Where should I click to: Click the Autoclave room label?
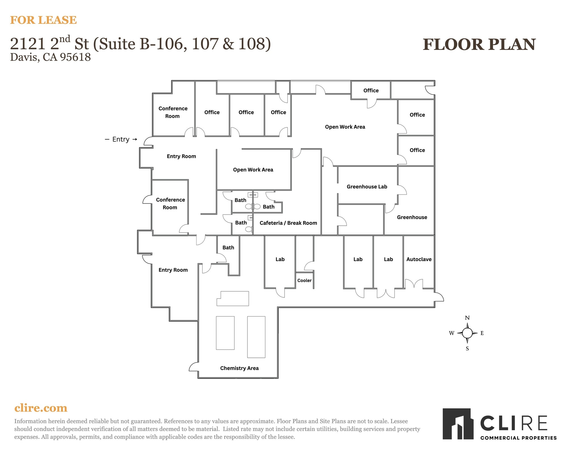pyautogui.click(x=419, y=259)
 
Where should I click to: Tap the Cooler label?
pyautogui.click(x=304, y=280)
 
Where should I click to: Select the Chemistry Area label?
pyautogui.click(x=239, y=368)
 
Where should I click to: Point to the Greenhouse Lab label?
pyautogui.click(x=367, y=186)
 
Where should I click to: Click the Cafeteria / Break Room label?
pyautogui.click(x=288, y=223)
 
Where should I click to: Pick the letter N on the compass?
pyautogui.click(x=467, y=318)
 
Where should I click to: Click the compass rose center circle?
pyautogui.click(x=467, y=333)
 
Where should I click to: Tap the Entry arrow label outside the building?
pyautogui.click(x=121, y=139)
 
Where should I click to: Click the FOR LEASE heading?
pyautogui.click(x=43, y=20)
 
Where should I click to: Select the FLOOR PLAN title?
pyautogui.click(x=479, y=45)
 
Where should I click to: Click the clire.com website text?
pyautogui.click(x=41, y=408)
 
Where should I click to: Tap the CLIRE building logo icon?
pyautogui.click(x=458, y=423)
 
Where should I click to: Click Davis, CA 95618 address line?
pyautogui.click(x=50, y=57)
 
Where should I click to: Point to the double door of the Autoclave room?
pyautogui.click(x=414, y=284)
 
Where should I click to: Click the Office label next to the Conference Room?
pyautogui.click(x=212, y=112)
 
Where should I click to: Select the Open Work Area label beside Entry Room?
pyautogui.click(x=253, y=169)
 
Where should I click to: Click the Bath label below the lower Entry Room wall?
pyautogui.click(x=228, y=247)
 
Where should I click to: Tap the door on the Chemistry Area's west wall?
pyautogui.click(x=194, y=367)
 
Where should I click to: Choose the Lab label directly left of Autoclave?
pyautogui.click(x=388, y=259)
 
